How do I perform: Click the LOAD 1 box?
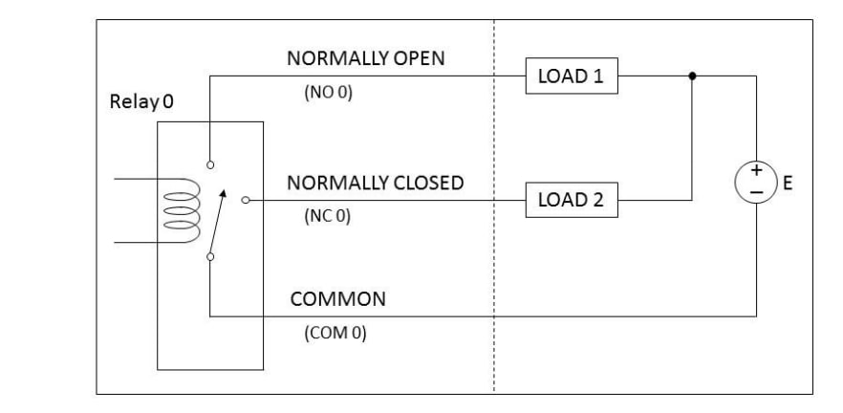(571, 76)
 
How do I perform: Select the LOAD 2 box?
(571, 201)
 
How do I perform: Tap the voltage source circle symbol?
(756, 184)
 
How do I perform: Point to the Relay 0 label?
(140, 101)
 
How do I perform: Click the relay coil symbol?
(178, 209)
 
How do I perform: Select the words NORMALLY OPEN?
(366, 58)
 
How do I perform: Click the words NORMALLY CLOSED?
(377, 183)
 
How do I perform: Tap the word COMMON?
(338, 299)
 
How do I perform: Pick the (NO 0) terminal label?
(328, 96)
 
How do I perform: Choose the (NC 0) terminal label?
(328, 216)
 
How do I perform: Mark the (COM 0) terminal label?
(335, 335)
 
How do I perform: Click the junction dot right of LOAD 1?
(691, 76)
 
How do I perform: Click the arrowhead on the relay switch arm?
(224, 195)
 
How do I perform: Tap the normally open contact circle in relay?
(209, 164)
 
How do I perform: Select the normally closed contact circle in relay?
(246, 201)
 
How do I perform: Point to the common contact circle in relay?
(209, 255)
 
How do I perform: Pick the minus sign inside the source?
(756, 193)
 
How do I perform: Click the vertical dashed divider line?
(494, 239)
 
